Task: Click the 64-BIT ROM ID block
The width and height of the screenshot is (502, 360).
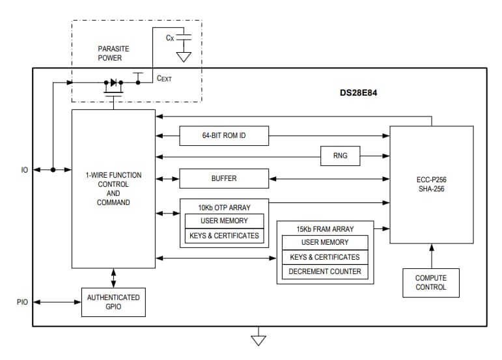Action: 223,135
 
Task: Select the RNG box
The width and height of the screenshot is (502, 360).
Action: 340,156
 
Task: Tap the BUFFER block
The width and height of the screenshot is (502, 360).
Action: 223,178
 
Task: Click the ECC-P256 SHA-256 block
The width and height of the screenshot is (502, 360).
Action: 431,184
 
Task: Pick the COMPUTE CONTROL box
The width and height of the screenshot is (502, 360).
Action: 430,283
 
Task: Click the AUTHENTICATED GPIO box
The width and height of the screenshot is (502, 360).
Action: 113,302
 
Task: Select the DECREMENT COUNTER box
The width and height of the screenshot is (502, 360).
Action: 324,271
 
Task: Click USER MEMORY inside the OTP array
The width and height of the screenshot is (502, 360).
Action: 223,221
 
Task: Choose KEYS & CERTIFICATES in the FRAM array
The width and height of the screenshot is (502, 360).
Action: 324,257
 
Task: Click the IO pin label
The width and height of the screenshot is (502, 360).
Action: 24,170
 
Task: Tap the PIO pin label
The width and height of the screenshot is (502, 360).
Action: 23,302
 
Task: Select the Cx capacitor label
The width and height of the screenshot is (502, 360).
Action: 170,38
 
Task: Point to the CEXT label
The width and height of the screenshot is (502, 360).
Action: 164,78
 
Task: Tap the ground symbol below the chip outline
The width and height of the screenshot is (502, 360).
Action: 259,339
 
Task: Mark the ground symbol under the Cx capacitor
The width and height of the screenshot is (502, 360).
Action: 184,57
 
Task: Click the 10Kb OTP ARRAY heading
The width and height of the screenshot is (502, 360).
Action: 223,208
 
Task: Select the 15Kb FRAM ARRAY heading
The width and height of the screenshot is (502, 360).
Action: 324,229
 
